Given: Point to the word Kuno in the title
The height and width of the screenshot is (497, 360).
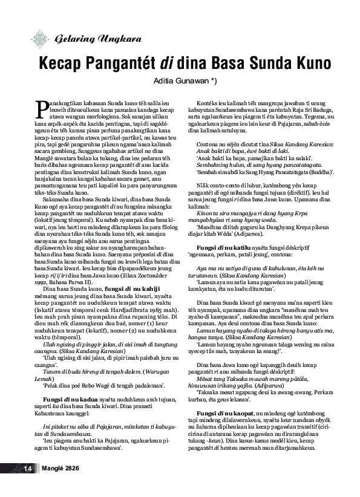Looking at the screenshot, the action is pyautogui.click(x=306, y=63).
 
